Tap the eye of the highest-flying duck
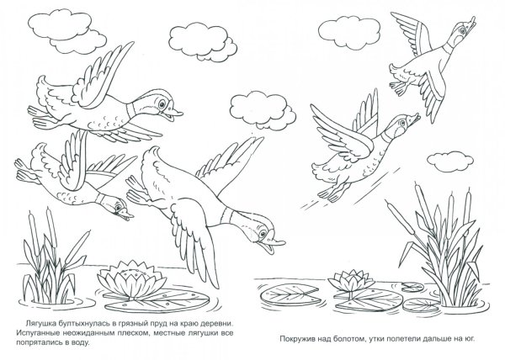click(x=463, y=31)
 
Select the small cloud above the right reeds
click(x=450, y=161)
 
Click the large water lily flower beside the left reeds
click(x=131, y=279)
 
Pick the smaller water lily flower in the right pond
click(x=352, y=281)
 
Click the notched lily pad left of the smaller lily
click(x=290, y=294)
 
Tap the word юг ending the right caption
click(x=470, y=338)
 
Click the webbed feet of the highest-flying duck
click(x=399, y=87)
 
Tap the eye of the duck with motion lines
click(x=402, y=123)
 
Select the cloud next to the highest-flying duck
click(x=349, y=33)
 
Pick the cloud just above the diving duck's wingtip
click(x=263, y=110)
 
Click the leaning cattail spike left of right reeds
click(x=399, y=217)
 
